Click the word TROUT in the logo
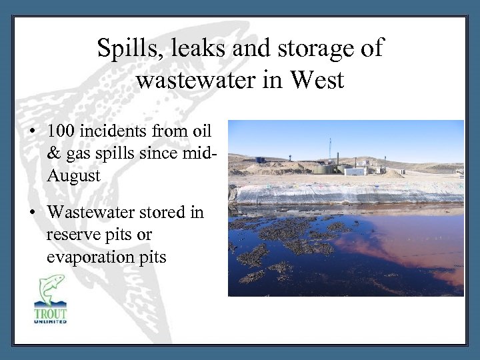(51, 313)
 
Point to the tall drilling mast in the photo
(330, 150)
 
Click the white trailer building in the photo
(355, 171)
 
